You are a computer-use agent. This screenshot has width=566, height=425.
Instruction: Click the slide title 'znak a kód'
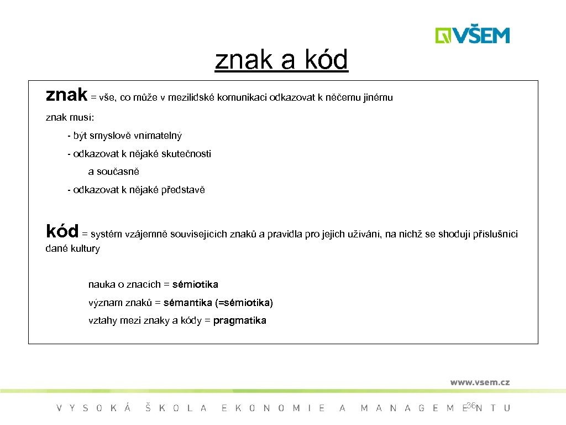281,60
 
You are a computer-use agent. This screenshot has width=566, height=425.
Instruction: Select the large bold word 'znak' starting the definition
66,95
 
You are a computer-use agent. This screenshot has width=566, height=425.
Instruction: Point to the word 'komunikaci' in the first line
242,98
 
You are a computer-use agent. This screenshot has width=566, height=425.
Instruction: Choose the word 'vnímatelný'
159,136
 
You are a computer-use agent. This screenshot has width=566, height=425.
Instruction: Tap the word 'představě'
183,190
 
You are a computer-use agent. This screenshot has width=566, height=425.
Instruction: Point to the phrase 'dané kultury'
72,248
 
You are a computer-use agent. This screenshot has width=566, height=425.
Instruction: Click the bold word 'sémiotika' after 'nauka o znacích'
195,284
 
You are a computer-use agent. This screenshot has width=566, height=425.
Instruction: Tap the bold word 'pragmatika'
239,320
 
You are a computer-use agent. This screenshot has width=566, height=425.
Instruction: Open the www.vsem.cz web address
479,382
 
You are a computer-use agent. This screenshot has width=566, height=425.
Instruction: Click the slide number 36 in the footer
471,406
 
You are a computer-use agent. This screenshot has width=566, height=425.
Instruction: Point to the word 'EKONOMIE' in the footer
273,408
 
